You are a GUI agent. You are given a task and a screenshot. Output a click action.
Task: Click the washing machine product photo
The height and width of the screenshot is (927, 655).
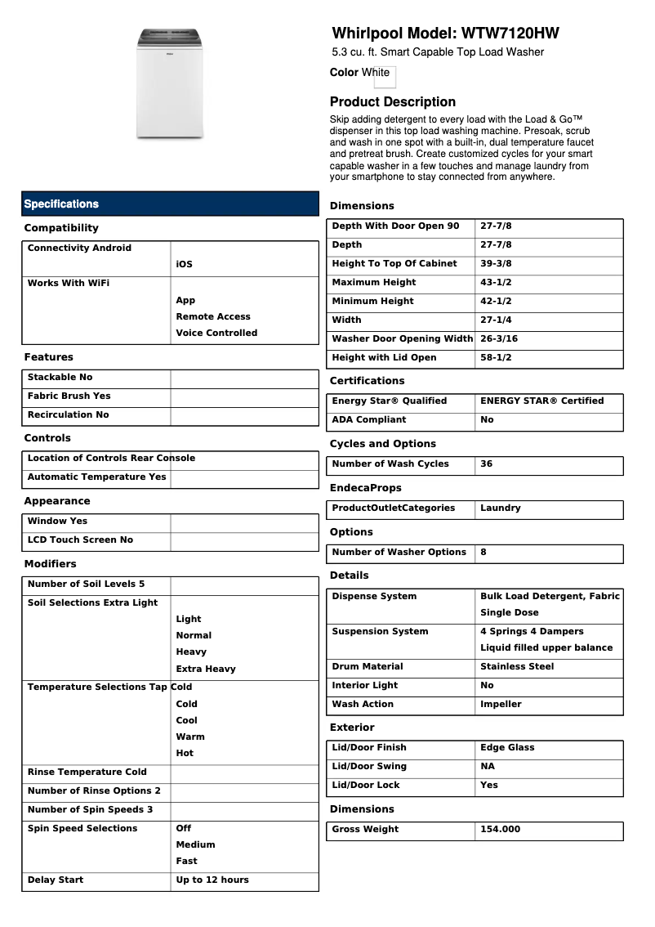[170, 83]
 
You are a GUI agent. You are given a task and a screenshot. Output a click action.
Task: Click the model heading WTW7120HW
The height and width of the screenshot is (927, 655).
[445, 34]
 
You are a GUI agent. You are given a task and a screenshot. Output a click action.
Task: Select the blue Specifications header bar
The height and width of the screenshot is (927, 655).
[170, 204]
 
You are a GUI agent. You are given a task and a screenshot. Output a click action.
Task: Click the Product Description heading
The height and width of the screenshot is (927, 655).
[392, 102]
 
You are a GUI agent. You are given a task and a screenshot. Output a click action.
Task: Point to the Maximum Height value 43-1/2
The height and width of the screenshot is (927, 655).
[496, 283]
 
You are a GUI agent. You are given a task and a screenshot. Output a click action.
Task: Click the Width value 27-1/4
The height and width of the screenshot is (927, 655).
[496, 320]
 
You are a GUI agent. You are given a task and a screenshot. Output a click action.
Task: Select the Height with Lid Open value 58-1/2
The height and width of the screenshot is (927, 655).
[496, 358]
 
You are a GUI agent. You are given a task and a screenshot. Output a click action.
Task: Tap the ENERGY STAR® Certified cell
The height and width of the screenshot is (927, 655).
[541, 401]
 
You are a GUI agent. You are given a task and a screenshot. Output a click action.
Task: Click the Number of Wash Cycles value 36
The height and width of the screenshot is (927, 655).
[487, 464]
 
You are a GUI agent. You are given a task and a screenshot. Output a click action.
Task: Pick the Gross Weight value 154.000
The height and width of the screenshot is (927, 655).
[500, 830]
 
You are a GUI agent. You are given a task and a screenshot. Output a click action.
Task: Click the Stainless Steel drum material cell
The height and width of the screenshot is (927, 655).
[517, 667]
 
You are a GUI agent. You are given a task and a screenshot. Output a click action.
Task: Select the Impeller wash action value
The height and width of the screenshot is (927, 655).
[501, 705]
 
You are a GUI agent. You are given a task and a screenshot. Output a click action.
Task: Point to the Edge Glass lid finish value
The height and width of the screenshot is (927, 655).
[507, 748]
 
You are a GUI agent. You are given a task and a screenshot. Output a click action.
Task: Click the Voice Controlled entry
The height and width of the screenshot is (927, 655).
[216, 334]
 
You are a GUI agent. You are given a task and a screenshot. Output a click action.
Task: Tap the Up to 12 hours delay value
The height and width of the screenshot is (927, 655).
[212, 880]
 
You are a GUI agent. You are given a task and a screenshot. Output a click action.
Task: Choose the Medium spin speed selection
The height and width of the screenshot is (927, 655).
[195, 845]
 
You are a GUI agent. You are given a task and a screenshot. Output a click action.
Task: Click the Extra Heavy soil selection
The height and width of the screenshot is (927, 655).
[206, 669]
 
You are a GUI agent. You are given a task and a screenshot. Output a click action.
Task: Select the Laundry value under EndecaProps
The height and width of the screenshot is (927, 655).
[500, 508]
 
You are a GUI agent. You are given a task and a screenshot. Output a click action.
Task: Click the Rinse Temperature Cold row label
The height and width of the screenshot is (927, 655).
[87, 772]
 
